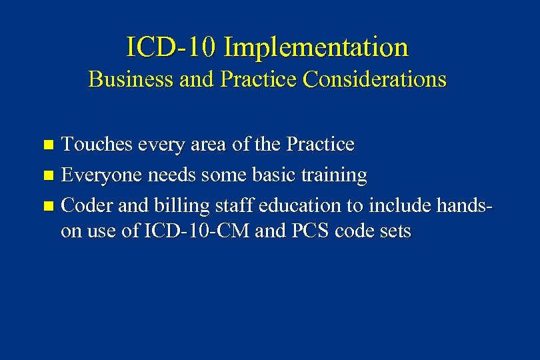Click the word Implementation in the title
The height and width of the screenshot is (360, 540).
coord(316,47)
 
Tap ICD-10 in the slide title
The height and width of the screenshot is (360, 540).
coord(171,47)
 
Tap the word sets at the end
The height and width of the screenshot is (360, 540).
coord(393,231)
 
